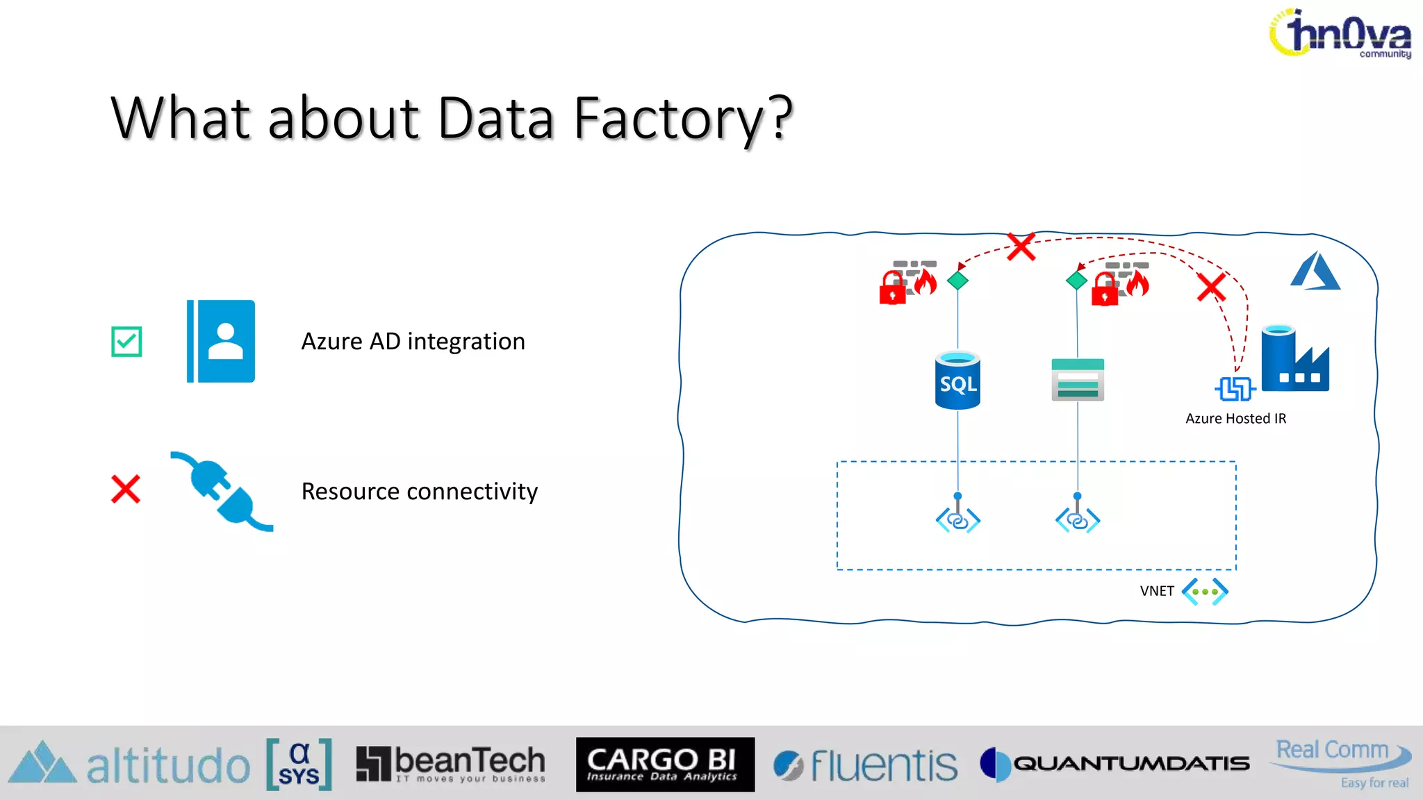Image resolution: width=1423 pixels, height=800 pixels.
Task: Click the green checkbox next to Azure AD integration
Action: click(126, 342)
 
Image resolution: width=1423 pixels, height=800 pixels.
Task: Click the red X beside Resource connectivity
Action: click(126, 489)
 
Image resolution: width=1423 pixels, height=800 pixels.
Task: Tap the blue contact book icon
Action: click(221, 341)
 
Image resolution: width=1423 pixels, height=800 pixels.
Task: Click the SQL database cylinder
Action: click(957, 381)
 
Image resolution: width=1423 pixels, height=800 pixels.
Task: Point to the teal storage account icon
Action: click(1078, 379)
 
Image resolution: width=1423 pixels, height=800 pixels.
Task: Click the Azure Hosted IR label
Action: click(1235, 418)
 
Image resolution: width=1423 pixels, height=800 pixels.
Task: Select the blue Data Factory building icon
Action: click(1294, 360)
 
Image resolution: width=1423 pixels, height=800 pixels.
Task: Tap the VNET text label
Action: click(1156, 591)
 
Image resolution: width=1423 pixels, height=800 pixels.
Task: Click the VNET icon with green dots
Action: click(1205, 592)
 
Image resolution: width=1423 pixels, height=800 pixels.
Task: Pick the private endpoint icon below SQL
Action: click(957, 519)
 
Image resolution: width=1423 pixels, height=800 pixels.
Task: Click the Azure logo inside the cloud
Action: click(1315, 272)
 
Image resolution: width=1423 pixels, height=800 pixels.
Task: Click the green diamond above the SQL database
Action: click(957, 281)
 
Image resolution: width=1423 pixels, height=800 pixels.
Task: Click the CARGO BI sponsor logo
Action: click(665, 764)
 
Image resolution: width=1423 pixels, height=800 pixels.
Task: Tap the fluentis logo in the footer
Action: click(866, 765)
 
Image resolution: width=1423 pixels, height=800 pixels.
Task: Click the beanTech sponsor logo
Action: click(451, 764)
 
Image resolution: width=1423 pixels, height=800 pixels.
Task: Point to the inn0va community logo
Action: click(1340, 33)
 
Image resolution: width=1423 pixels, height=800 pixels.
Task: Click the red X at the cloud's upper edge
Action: click(1021, 247)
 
